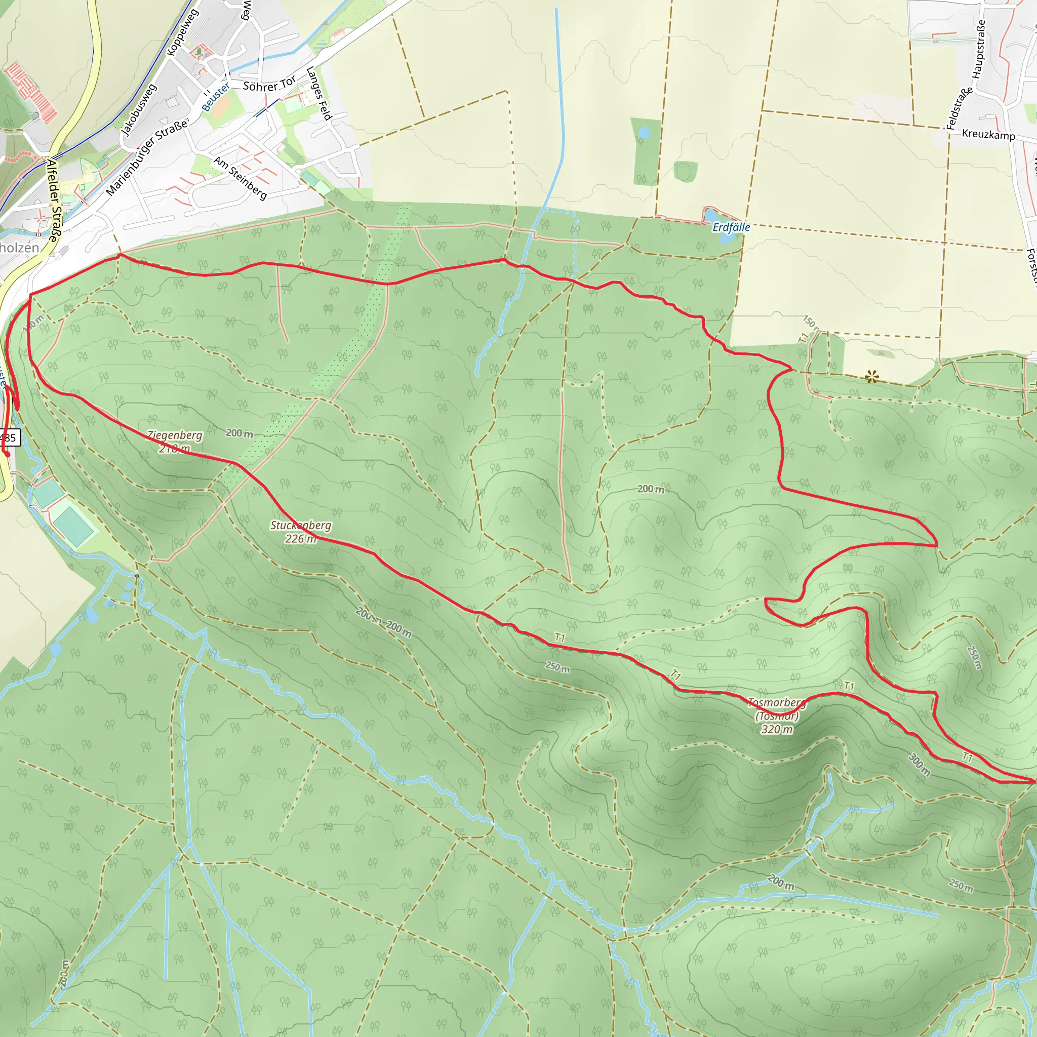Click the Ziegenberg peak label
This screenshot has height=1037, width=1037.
pos(175,441)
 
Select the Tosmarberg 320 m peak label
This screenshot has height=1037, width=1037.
pos(777,715)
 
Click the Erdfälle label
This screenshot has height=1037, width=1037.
pos(731,227)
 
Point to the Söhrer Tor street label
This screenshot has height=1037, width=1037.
pos(269,84)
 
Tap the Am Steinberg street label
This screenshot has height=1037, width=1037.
pos(240,178)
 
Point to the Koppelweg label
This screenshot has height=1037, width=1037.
pos(182,33)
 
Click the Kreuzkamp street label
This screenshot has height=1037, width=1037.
pos(988,134)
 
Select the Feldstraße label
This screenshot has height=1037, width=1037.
pos(959,108)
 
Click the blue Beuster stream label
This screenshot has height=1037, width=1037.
pos(216,97)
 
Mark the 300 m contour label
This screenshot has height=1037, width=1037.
pos(919,764)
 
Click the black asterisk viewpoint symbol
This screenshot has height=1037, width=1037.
pos(872,377)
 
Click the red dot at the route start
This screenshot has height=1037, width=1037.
pos(8,455)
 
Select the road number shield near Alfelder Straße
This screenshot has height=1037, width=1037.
pos(9,437)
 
